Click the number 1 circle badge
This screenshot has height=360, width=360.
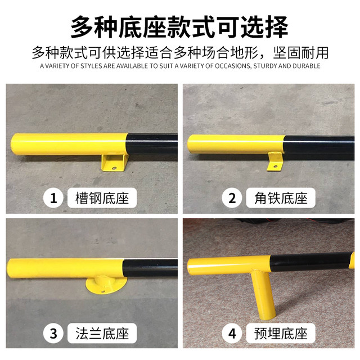point(54,198)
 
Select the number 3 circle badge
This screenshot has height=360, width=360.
point(54,334)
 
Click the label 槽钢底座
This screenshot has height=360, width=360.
point(106,198)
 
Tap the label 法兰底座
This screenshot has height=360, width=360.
point(106,334)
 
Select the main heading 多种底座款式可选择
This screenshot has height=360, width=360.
point(179,25)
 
